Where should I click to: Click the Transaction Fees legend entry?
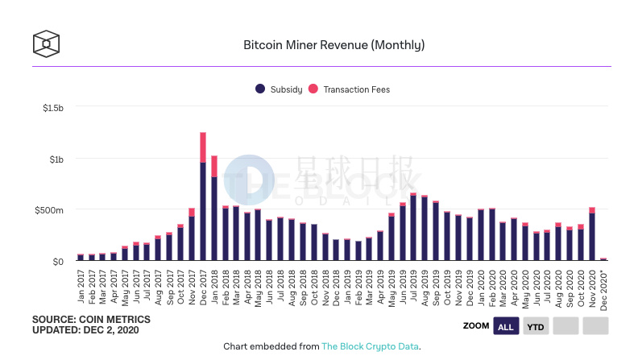click(350, 89)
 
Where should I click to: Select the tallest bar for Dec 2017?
click(203, 197)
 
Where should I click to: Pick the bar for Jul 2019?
click(413, 227)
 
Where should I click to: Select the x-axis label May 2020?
click(526, 283)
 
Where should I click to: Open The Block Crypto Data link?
click(370, 346)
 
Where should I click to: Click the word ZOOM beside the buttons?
click(475, 326)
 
